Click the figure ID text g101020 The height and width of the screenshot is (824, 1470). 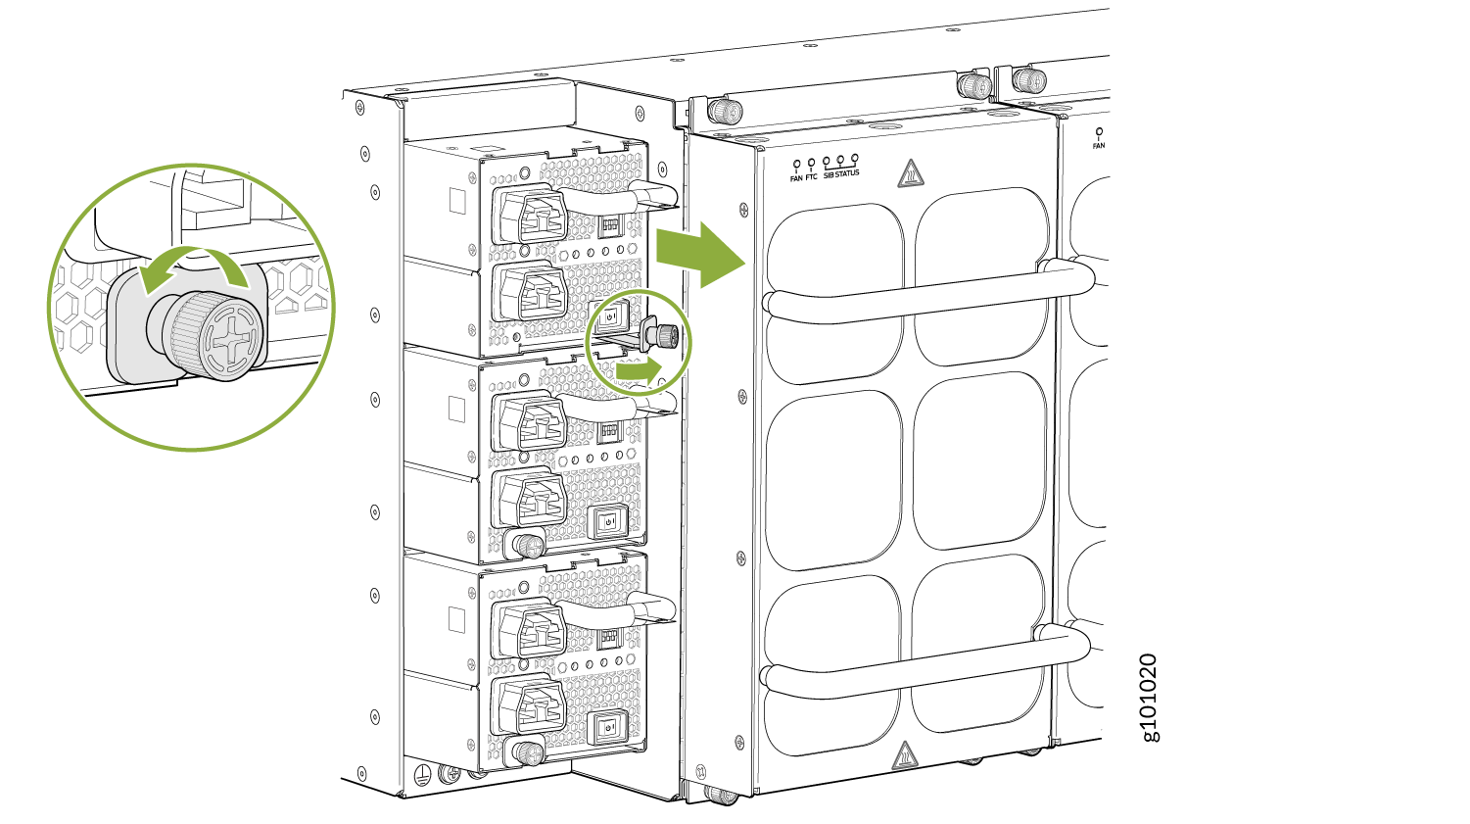point(1151,698)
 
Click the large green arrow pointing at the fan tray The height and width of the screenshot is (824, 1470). point(701,255)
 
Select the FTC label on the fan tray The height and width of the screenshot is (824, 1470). point(811,177)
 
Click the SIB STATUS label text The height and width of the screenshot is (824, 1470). point(840,174)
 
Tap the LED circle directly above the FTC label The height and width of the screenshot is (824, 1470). point(811,163)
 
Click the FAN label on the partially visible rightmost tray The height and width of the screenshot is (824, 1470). point(1099,146)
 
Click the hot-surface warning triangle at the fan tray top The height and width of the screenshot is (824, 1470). point(910,173)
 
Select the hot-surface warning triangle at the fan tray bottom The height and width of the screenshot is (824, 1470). point(904,755)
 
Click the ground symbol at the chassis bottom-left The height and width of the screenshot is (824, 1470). point(424,775)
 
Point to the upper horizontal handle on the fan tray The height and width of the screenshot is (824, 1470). point(928,292)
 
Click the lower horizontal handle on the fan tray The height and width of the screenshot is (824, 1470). point(925,664)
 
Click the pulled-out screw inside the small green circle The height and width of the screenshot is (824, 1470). point(663,337)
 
